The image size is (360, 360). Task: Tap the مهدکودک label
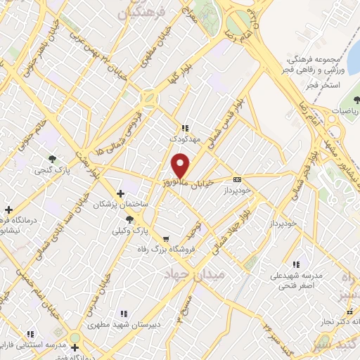pos(185,139)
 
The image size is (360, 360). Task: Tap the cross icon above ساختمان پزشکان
pos(121,193)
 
